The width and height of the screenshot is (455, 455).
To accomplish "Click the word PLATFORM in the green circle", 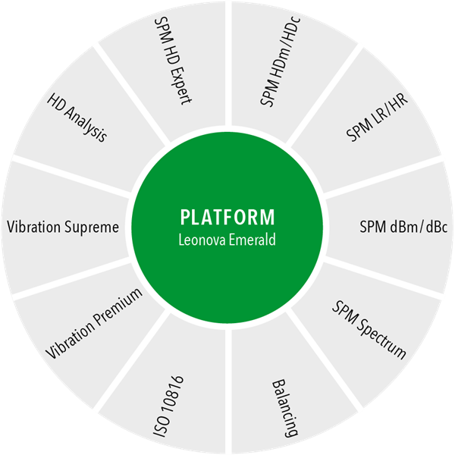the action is pos(227,217).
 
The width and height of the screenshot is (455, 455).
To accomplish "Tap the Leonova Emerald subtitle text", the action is pos(227,240).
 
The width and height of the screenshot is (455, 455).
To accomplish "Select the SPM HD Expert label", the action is pos(173,61).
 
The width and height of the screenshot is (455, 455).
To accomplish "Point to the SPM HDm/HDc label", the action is pos(280,62).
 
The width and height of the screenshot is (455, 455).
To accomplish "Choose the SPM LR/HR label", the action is pos(377,118).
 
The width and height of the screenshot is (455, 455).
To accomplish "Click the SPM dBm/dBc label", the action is pos(403,227).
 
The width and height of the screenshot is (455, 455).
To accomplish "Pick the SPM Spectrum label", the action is pos(369,330).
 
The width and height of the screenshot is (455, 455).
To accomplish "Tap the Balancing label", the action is pos(284,408).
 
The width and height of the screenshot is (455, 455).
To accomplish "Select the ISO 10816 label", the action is pos(168,406).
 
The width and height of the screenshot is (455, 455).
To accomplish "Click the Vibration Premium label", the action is pos(94,324).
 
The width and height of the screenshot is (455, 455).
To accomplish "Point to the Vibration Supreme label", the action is pos(63,227).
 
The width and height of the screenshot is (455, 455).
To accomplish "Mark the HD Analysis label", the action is pos(77,118).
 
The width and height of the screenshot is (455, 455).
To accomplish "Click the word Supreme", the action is pos(92,227).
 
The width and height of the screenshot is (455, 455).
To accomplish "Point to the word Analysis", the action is pos(85,124).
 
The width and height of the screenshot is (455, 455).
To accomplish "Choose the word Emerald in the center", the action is pos(253,240).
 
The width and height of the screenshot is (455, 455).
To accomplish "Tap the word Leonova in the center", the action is pos(202,240).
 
